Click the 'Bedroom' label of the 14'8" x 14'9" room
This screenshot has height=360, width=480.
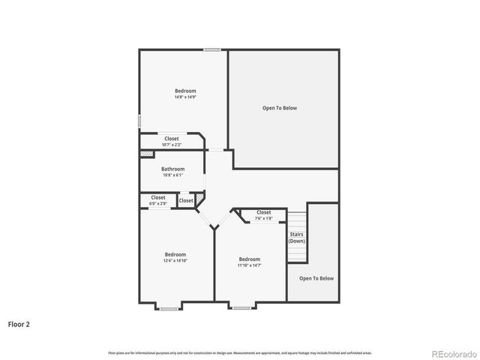click(x=185, y=91)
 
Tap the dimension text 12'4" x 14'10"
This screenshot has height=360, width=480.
click(x=175, y=261)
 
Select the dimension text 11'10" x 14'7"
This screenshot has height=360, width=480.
click(x=249, y=265)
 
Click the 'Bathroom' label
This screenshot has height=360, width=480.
click(x=172, y=169)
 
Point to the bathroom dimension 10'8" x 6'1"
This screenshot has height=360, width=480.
click(x=172, y=175)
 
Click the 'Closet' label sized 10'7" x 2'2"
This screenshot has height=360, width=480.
click(x=172, y=139)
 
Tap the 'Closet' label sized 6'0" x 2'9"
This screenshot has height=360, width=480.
click(x=157, y=197)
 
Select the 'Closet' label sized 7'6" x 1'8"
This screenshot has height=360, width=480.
click(x=263, y=212)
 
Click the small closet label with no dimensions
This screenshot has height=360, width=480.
click(x=186, y=201)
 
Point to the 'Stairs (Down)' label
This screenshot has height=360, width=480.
click(x=297, y=238)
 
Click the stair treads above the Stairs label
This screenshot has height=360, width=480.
click(x=298, y=222)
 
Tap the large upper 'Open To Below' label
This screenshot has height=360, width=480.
click(x=279, y=108)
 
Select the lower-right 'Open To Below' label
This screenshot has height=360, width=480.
click(x=316, y=278)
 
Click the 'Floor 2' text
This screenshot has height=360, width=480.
click(x=19, y=325)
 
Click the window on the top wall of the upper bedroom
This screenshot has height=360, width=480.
click(x=212, y=50)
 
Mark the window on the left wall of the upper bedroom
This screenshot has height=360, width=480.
click(x=139, y=120)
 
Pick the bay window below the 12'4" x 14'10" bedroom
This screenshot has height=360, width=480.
click(x=169, y=308)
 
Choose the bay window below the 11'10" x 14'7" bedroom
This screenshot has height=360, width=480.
click(x=241, y=308)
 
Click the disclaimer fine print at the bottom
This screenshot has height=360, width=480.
click(x=240, y=352)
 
